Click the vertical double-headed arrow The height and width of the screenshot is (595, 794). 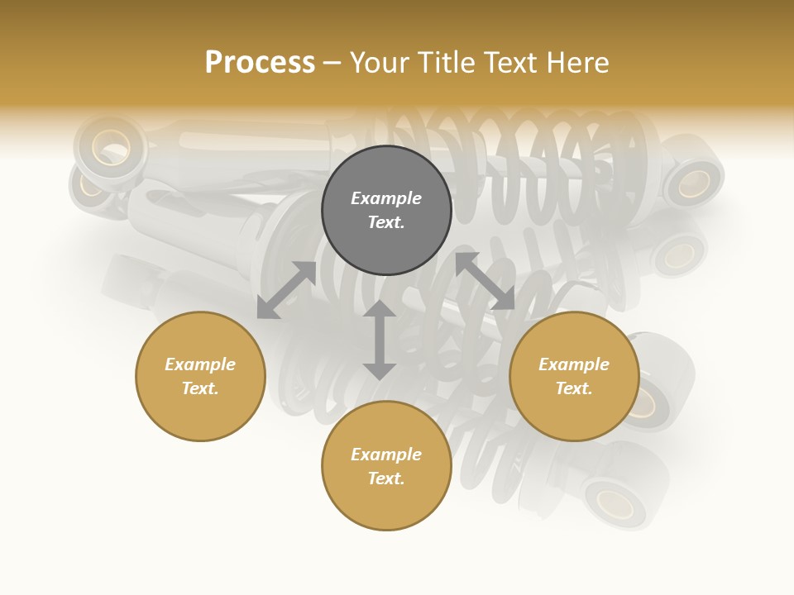click(380, 340)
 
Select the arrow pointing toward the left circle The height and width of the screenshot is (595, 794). click(286, 290)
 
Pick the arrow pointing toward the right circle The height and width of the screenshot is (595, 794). click(485, 281)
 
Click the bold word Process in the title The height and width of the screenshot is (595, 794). click(260, 63)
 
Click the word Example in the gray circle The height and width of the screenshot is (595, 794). click(386, 198)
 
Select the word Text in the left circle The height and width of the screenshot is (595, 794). click(200, 388)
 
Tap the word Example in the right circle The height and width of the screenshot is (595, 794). click(574, 364)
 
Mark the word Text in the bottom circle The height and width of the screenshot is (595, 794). click(386, 478)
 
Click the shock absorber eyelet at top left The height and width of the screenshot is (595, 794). click(110, 148)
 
